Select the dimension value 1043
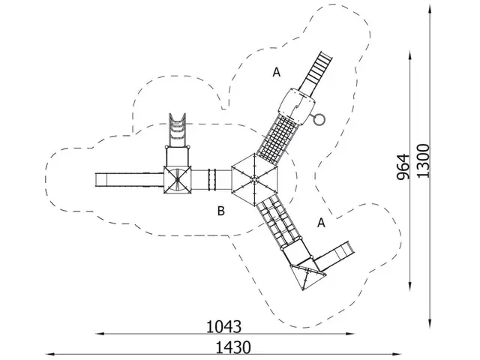(224, 327)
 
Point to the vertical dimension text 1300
(424, 160)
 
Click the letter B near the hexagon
(221, 211)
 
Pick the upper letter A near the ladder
(276, 72)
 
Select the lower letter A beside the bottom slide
(321, 223)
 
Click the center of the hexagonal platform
(255, 178)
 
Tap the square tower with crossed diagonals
(177, 179)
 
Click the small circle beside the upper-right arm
(320, 118)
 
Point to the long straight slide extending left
(129, 179)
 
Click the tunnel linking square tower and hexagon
(212, 179)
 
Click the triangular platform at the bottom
(306, 277)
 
